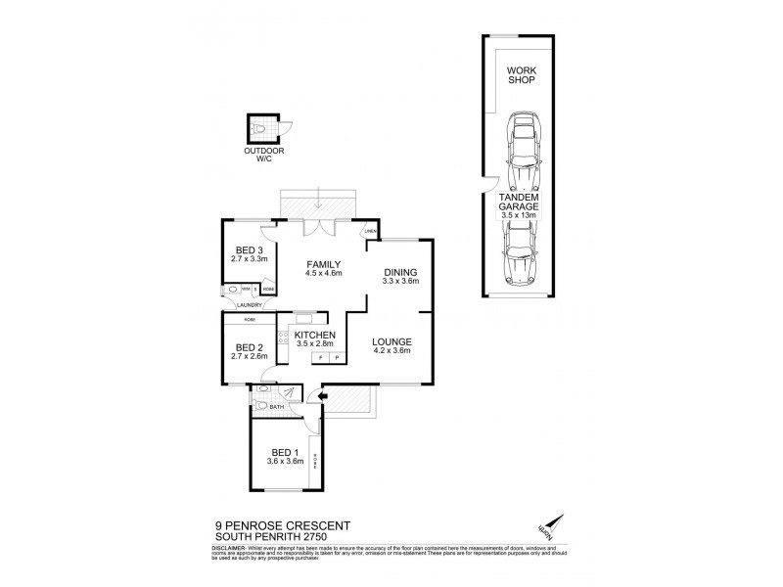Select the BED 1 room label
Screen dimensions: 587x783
point(286,452)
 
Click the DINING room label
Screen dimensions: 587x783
point(400,272)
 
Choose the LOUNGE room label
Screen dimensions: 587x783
point(392,341)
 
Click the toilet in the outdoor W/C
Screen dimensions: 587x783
point(259,129)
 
